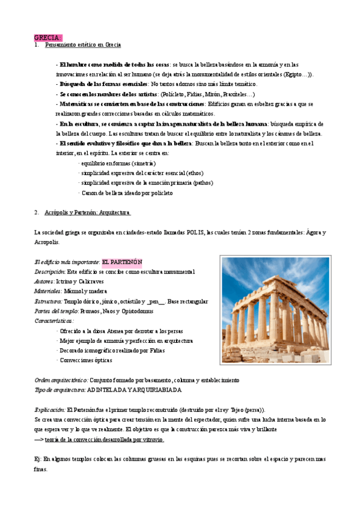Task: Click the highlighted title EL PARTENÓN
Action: pos(122,262)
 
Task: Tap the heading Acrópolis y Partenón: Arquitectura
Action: pos(87,213)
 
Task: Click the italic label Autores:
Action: pos(44,281)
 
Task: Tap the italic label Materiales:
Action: pos(49,292)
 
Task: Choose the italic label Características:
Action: pos(53,321)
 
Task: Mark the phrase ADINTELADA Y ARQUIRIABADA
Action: pos(134,390)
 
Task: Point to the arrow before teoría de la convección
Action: pos(39,440)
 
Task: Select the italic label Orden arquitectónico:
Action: pos(61,380)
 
